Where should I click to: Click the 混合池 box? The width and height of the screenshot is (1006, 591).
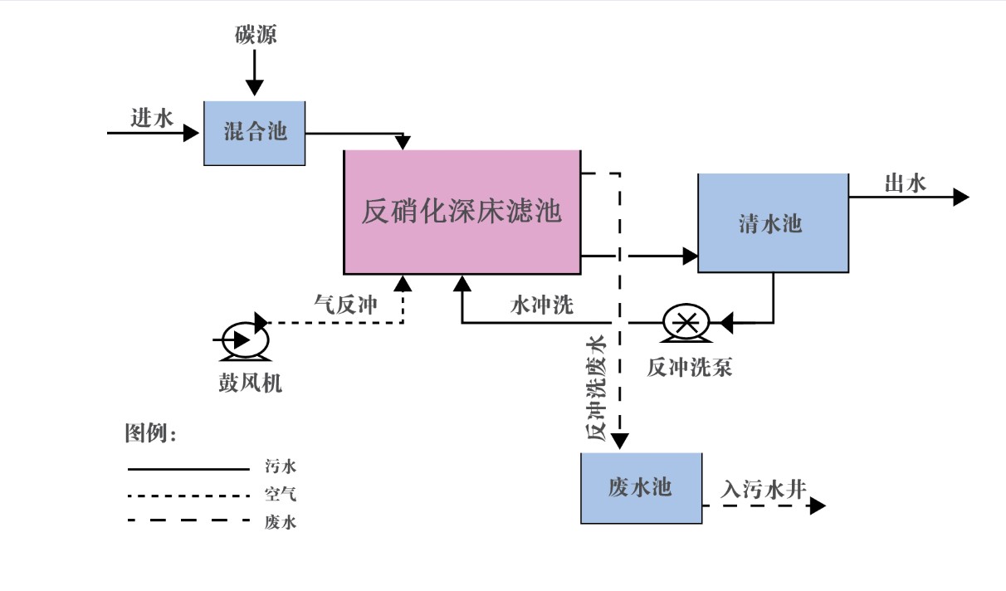(x=255, y=133)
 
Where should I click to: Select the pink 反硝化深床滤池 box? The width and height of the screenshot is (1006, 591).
(x=461, y=212)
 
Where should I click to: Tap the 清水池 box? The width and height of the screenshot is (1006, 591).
(x=772, y=223)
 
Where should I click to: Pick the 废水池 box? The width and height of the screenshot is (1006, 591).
(x=640, y=488)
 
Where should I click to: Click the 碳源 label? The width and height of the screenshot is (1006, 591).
(x=254, y=35)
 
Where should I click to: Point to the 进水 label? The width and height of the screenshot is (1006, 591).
(x=152, y=119)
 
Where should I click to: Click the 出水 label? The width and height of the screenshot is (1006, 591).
(x=905, y=183)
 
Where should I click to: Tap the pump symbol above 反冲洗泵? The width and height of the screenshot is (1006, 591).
(x=686, y=322)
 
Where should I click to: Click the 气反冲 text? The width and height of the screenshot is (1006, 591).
(x=345, y=305)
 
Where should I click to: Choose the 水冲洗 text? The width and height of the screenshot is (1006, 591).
(x=541, y=305)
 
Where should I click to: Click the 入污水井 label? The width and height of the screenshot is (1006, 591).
(x=764, y=490)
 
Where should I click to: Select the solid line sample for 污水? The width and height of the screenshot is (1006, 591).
(x=188, y=469)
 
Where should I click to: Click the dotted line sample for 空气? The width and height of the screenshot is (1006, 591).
(x=188, y=496)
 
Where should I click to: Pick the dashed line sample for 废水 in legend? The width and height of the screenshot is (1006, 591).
(x=188, y=520)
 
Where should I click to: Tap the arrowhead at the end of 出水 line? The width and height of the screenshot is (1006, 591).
(x=961, y=197)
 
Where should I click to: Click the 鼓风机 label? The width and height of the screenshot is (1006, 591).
(x=245, y=384)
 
